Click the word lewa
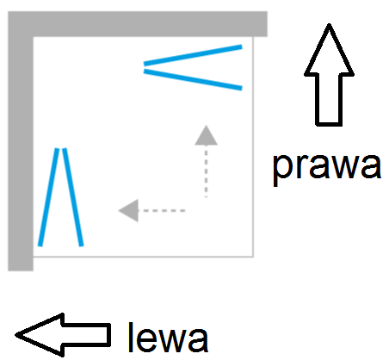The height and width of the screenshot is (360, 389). pyautogui.click(x=168, y=338)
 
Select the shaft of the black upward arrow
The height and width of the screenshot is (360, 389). pyautogui.click(x=329, y=100)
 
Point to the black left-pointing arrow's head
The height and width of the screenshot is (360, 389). pyautogui.click(x=40, y=335)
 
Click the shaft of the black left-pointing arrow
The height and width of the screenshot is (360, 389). pyautogui.click(x=87, y=335)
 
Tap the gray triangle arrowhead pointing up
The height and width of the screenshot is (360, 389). pyautogui.click(x=206, y=135)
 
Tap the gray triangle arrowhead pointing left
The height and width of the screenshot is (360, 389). pyautogui.click(x=128, y=210)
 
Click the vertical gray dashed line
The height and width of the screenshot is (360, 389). pyautogui.click(x=206, y=171)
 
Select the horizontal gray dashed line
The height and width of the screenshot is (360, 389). pyautogui.click(x=162, y=210)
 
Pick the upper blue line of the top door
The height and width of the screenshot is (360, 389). pyautogui.click(x=193, y=55)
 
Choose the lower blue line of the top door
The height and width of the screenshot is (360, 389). pyautogui.click(x=193, y=79)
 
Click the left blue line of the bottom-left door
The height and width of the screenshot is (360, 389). pyautogui.click(x=49, y=197)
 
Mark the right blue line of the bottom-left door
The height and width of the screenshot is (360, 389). pyautogui.click(x=73, y=197)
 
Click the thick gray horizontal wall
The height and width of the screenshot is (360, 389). pyautogui.click(x=138, y=24)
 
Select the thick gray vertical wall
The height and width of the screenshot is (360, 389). pyautogui.click(x=21, y=153)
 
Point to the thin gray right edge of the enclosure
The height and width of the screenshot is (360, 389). pyautogui.click(x=253, y=146)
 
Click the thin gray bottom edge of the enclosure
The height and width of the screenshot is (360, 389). pyautogui.click(x=143, y=257)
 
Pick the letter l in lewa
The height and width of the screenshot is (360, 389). pyautogui.click(x=131, y=337)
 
